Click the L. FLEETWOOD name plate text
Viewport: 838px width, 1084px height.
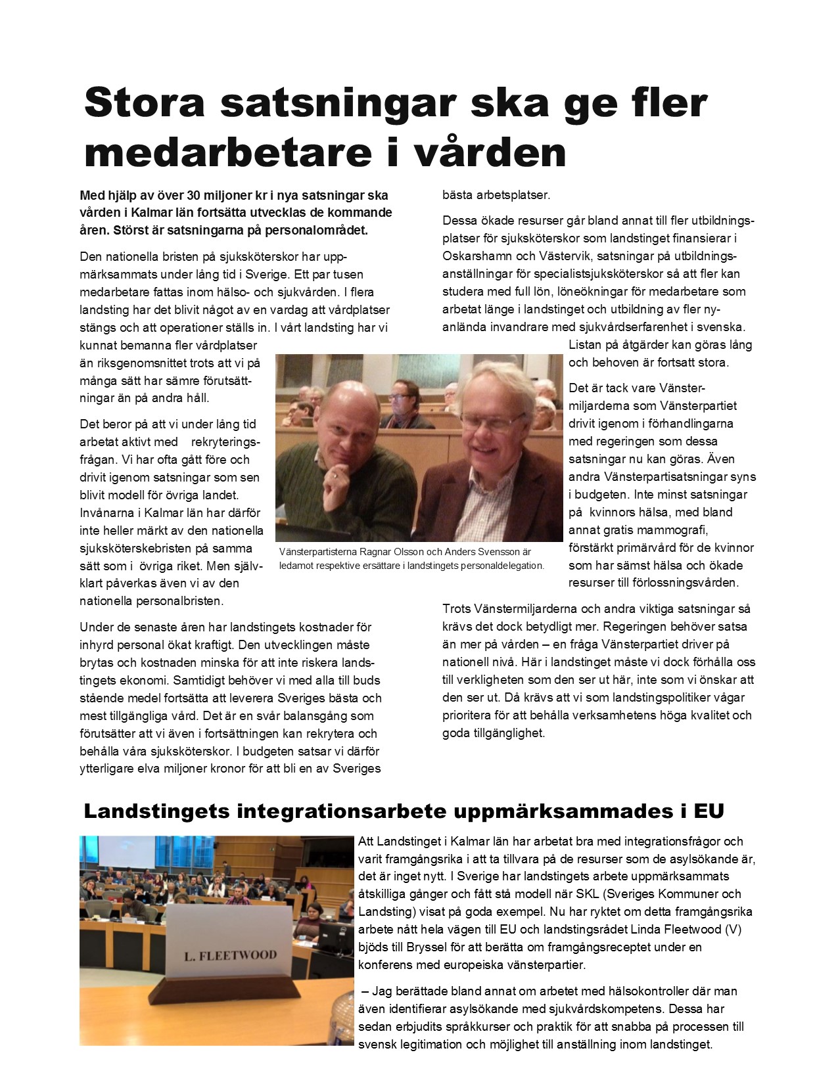tap(230, 955)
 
